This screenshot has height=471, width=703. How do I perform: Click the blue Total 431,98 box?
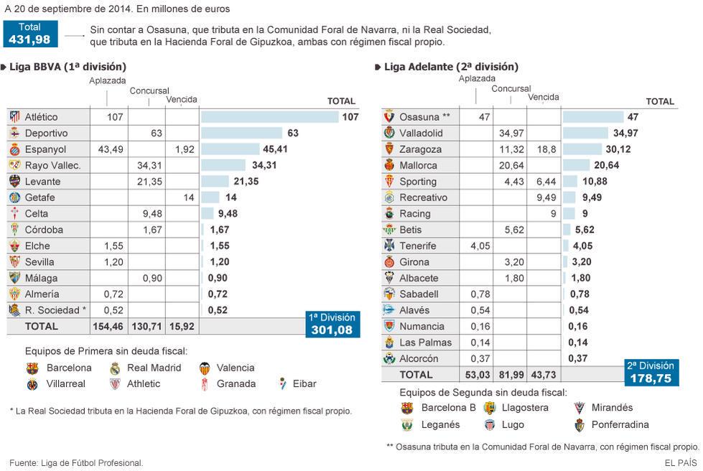(29, 33)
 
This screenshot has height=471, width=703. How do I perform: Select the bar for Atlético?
(269, 117)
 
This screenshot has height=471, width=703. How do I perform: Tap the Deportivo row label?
(46, 134)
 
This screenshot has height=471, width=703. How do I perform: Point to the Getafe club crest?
(14, 197)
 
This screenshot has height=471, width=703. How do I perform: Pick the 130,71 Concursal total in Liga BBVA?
(146, 326)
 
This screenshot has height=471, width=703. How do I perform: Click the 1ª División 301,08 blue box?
(330, 325)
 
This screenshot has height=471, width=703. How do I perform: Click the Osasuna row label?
(424, 117)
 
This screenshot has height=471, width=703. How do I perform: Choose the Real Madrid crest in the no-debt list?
(115, 368)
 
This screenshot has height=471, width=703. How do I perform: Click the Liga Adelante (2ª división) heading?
(451, 67)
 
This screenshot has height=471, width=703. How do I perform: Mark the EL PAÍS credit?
(680, 463)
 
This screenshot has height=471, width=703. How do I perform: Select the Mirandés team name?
(613, 408)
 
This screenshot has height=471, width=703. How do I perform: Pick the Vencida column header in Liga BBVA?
(181, 100)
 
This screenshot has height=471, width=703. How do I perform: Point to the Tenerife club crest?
(389, 246)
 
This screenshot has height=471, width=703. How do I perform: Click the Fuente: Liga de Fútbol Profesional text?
(76, 463)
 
